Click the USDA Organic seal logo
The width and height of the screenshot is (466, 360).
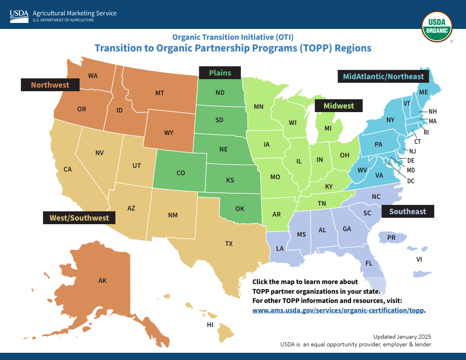click(x=437, y=27)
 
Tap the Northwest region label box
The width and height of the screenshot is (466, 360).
click(x=50, y=85)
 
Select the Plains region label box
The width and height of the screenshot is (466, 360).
click(x=220, y=73)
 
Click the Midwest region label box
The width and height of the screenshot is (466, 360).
click(x=339, y=106)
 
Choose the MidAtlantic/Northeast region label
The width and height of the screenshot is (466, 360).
click(x=383, y=76)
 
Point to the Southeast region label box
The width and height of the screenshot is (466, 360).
click(x=407, y=211)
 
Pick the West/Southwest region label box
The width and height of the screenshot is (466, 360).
click(x=79, y=218)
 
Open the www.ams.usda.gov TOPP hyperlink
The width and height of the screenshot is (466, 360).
click(x=339, y=311)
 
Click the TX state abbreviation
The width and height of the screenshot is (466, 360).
click(x=229, y=243)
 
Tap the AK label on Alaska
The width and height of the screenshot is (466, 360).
click(x=103, y=281)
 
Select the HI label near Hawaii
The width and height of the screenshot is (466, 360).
click(x=210, y=325)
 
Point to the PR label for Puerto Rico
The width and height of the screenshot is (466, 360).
click(x=391, y=238)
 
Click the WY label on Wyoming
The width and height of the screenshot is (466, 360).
click(x=169, y=133)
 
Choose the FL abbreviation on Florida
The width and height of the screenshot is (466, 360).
click(x=369, y=264)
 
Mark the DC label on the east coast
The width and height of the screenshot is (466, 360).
click(x=411, y=181)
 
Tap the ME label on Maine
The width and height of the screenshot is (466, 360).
click(x=424, y=92)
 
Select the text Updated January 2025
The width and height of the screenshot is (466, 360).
click(x=402, y=337)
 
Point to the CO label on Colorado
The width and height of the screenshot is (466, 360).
click(x=181, y=173)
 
